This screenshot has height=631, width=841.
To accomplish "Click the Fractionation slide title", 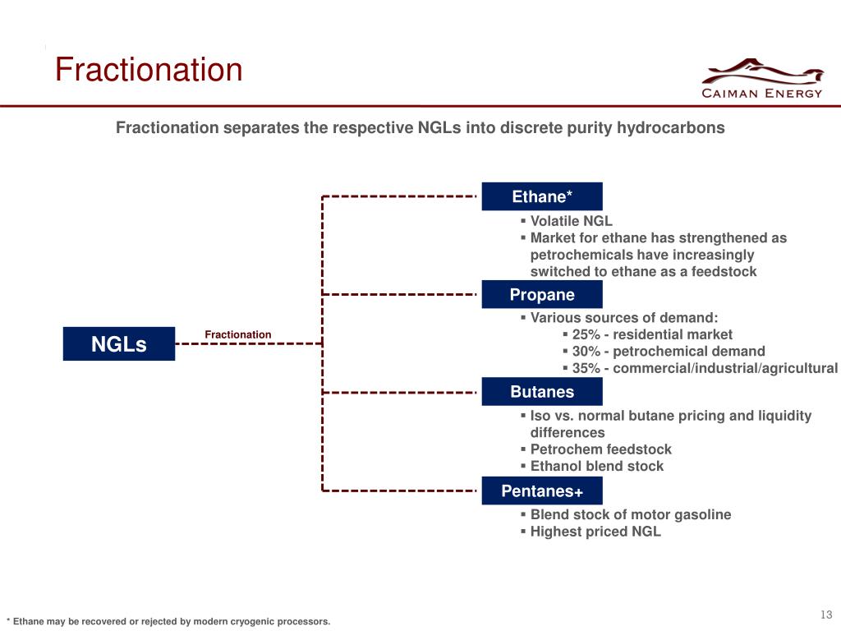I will (x=149, y=71).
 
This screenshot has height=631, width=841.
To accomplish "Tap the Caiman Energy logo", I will (x=761, y=80).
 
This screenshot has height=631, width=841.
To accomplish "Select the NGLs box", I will (x=119, y=344).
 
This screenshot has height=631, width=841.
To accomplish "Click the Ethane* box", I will (x=542, y=196).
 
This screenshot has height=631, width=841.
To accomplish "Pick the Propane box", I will (x=542, y=295).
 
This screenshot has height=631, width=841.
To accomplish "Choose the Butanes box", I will (x=542, y=392).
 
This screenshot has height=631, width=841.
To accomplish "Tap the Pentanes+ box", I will (x=542, y=491).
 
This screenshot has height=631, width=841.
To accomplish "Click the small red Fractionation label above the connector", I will (x=237, y=334).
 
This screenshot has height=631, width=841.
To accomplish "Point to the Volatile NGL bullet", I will (x=571, y=221).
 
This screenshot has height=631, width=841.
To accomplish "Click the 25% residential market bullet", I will (x=651, y=334).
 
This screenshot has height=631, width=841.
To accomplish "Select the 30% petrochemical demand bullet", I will (x=668, y=351).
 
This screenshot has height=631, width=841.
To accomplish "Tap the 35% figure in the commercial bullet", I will (x=586, y=368).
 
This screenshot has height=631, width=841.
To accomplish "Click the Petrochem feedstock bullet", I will (x=600, y=449).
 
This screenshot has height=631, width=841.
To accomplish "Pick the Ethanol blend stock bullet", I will (x=596, y=466).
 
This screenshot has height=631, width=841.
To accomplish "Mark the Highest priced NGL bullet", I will (x=595, y=532).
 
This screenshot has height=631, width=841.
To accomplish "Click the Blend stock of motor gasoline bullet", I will (x=630, y=514).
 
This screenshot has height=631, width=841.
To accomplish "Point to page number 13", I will (x=825, y=615).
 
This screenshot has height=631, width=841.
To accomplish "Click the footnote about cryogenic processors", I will (x=168, y=621).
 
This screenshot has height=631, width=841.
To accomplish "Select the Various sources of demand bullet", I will (x=623, y=318).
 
